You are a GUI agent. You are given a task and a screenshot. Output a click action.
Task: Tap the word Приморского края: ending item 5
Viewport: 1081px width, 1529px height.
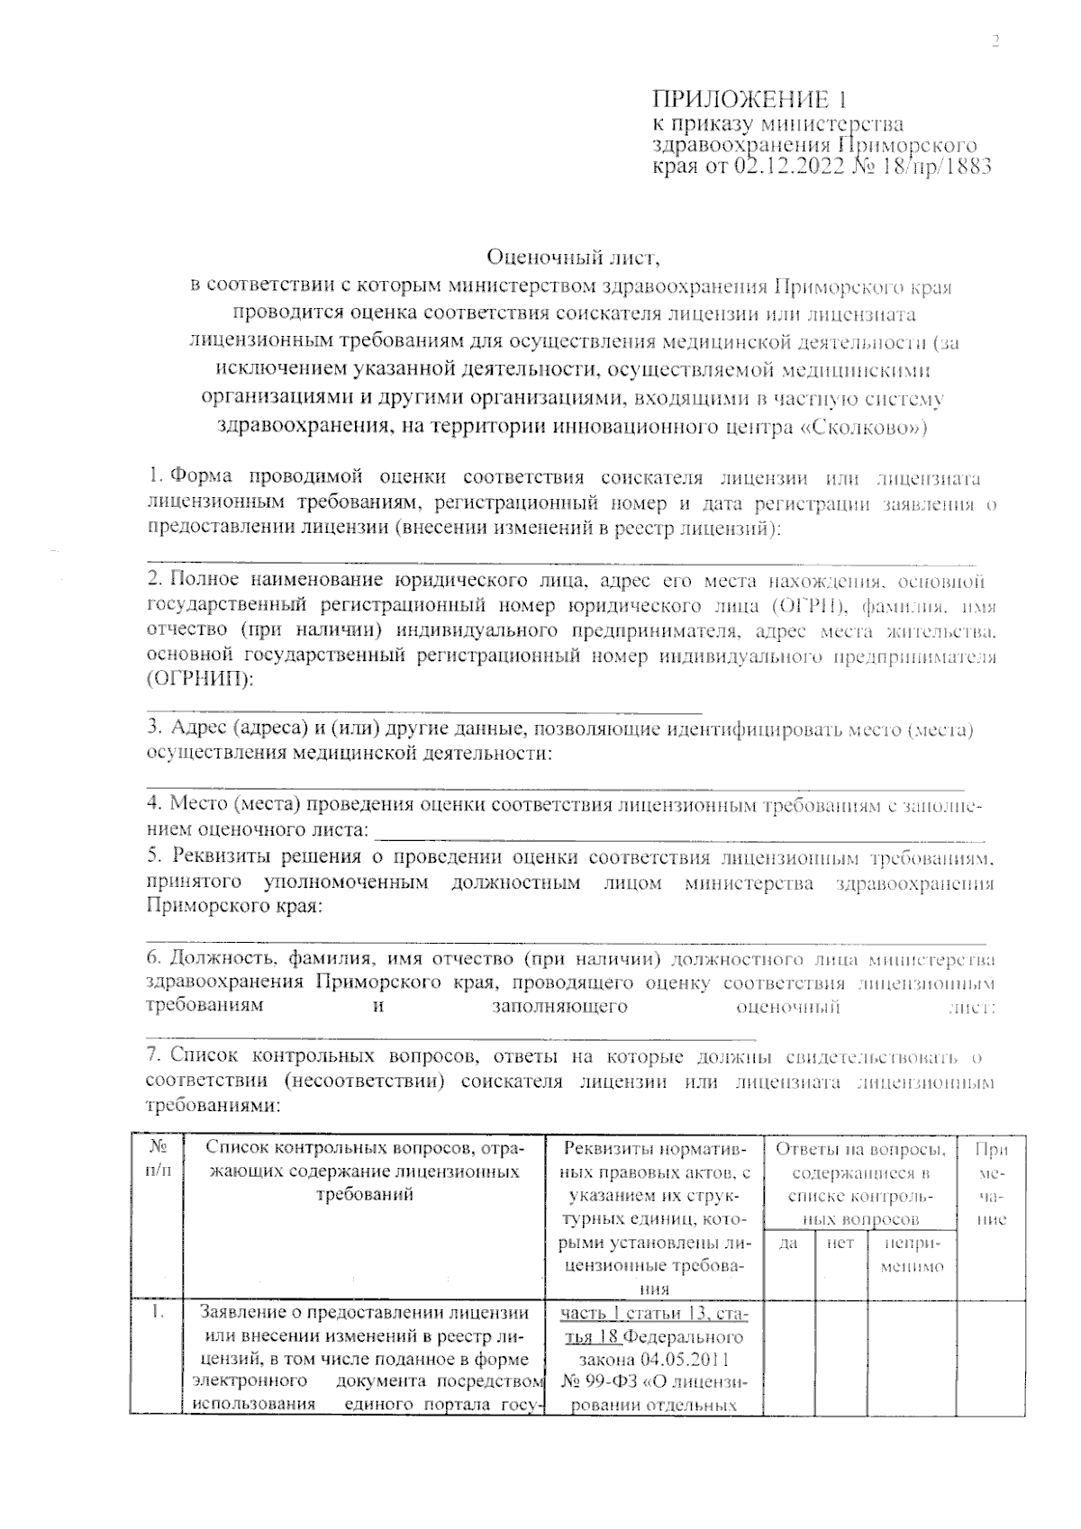[233, 906]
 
